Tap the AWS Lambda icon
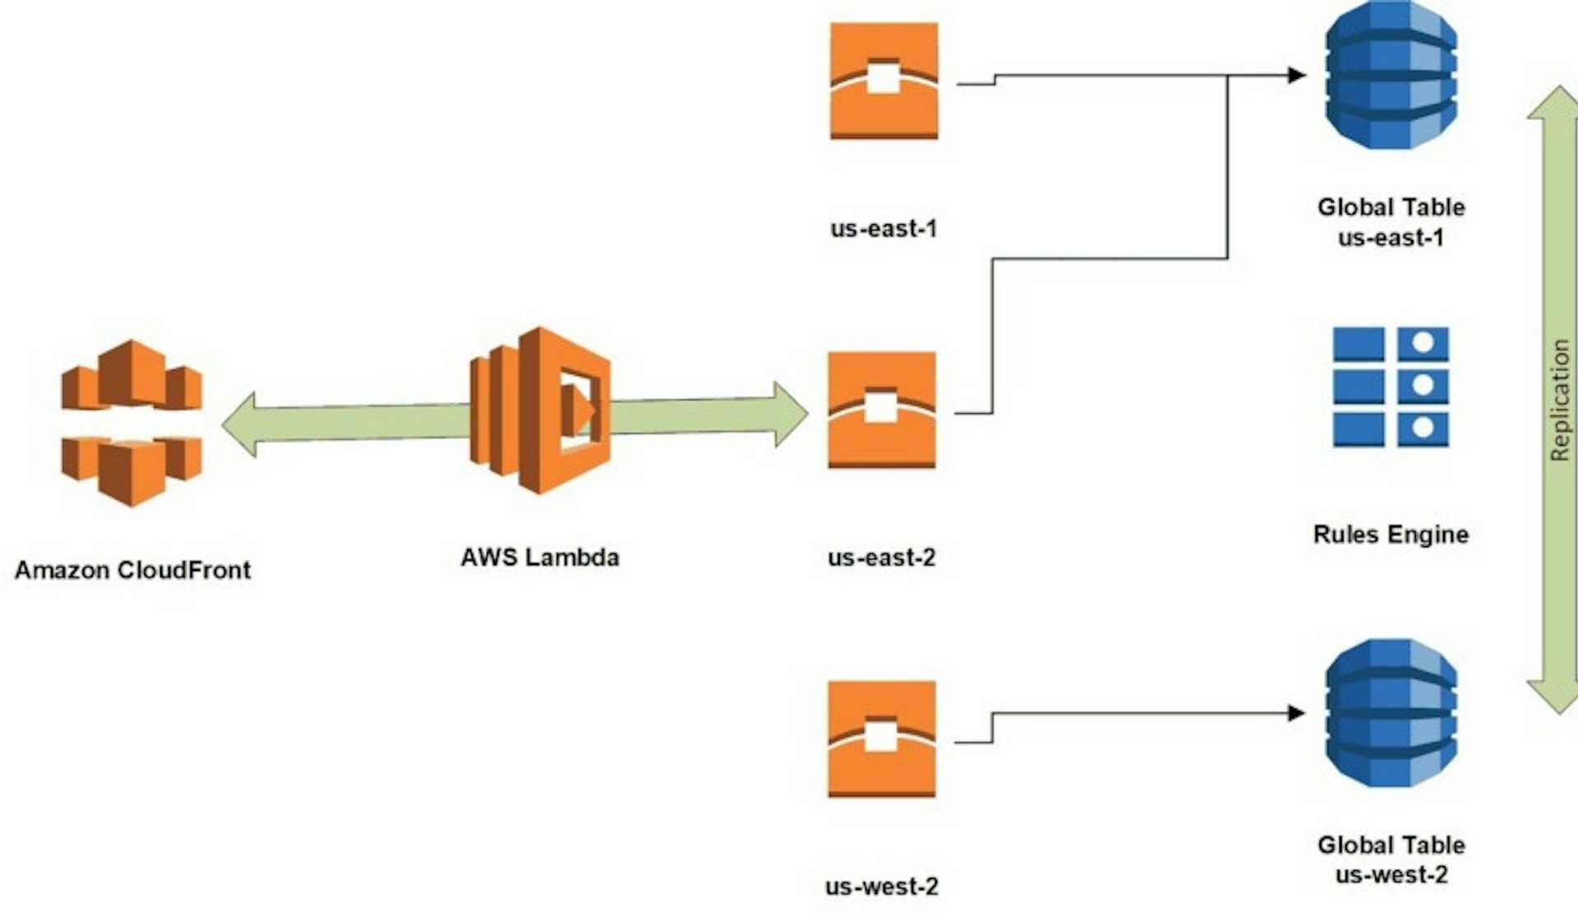pos(540,410)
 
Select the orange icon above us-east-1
pos(884,81)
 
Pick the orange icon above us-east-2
pos(882,410)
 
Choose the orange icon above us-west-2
pos(882,738)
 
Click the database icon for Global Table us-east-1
pos(1391,76)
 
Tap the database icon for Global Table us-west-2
pos(1391,712)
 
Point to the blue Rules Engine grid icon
pos(1391,387)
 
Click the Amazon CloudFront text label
pos(132,570)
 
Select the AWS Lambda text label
pos(539,557)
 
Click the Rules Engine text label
pos(1391,535)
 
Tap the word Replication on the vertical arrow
pos(1559,400)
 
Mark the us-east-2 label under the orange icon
pos(882,558)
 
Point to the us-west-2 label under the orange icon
pos(882,887)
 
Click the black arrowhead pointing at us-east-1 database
pos(1297,76)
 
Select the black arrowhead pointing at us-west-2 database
pos(1297,712)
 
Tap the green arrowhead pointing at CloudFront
pos(239,424)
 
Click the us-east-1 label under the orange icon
pos(884,228)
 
